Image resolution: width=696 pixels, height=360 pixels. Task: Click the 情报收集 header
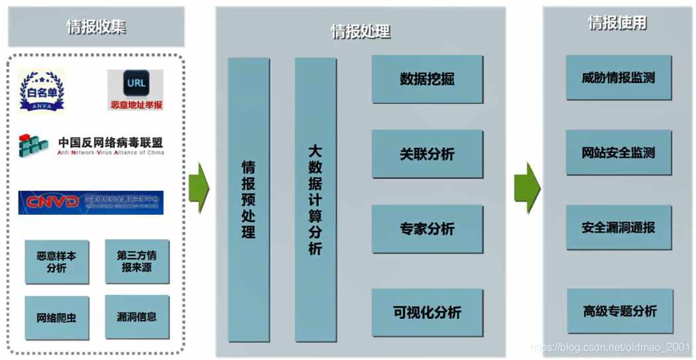click(96, 27)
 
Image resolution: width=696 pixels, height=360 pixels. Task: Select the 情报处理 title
click(361, 31)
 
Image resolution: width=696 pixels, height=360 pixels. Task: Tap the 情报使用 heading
click(617, 23)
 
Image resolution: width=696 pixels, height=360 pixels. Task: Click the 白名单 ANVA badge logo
click(42, 91)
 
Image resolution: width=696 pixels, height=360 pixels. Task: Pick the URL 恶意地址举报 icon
click(135, 90)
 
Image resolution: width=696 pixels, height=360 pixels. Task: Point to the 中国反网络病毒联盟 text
click(110, 143)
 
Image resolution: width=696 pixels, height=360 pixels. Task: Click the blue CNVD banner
click(91, 202)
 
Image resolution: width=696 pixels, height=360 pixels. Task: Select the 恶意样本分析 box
click(56, 262)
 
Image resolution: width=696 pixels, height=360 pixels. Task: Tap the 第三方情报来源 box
click(137, 261)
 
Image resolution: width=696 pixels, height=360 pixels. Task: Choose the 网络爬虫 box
click(56, 318)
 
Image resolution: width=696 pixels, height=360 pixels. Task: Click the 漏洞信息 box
click(137, 317)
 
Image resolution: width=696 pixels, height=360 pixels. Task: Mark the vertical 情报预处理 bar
click(249, 199)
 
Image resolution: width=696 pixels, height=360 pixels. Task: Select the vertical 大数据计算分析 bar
click(316, 199)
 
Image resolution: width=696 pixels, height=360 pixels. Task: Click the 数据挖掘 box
click(427, 80)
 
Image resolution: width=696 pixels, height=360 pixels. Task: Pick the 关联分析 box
click(427, 154)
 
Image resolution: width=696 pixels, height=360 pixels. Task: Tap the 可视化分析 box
click(427, 312)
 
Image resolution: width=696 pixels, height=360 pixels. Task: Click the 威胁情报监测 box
click(618, 78)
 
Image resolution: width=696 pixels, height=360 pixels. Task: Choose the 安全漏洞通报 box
click(618, 227)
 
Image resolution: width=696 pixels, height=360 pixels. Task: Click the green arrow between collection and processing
click(198, 188)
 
